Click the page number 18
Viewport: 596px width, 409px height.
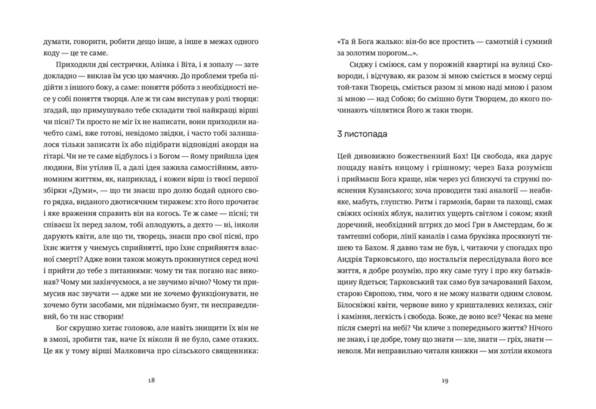[x=151, y=380]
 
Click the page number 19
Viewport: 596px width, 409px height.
[x=445, y=380]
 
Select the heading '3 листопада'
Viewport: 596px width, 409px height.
[x=362, y=134]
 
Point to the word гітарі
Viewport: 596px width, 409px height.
[x=52, y=156]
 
